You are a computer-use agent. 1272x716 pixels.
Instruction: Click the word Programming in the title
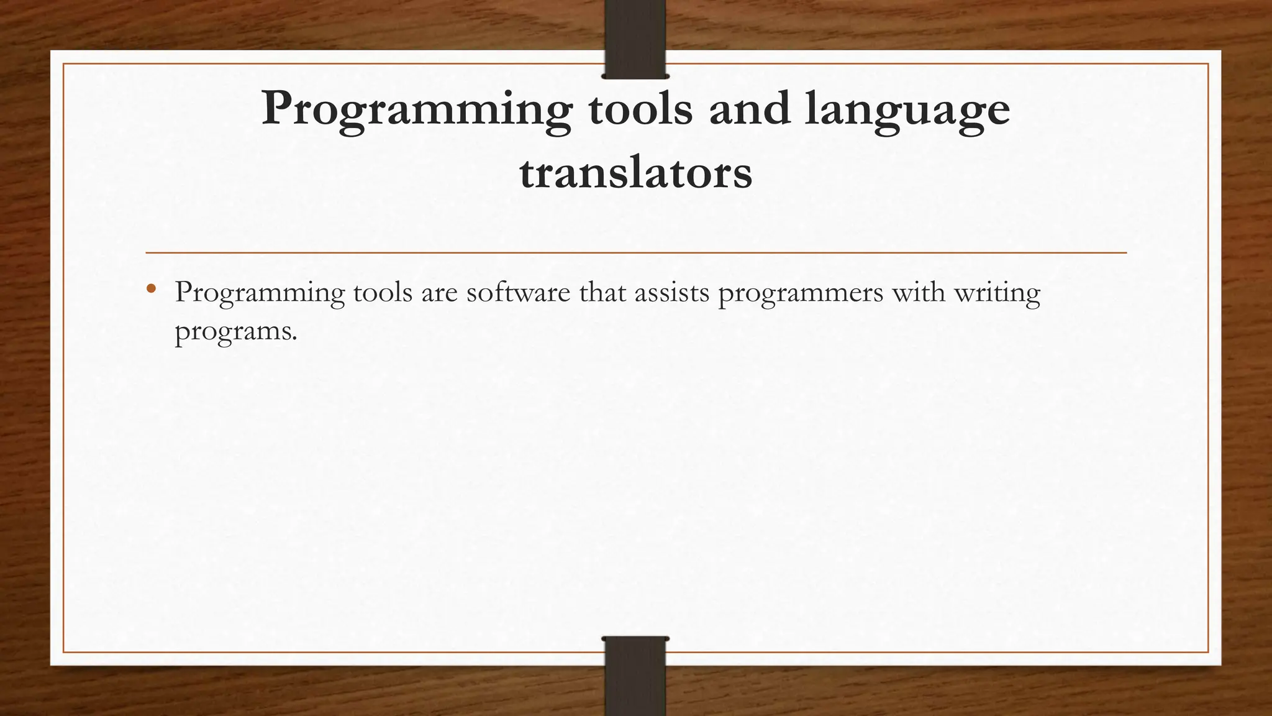[x=416, y=109]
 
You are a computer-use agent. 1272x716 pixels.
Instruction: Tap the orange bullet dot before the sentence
[x=151, y=288]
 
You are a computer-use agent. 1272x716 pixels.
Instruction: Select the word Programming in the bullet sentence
[x=259, y=293]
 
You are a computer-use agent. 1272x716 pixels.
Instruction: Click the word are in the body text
[x=439, y=293]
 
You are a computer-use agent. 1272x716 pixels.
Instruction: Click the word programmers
[x=801, y=293]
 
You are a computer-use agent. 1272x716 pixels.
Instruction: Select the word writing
[x=997, y=293]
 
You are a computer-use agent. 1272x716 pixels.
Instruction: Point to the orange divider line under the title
[x=635, y=253]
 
